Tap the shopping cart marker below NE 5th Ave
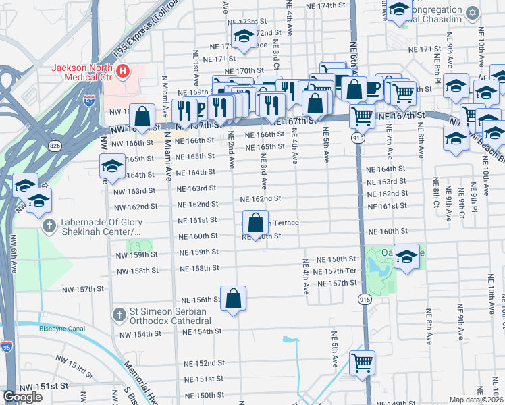(x=363, y=362)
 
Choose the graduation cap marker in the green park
(x=406, y=257)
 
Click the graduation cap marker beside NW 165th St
(x=112, y=166)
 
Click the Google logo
(x=22, y=398)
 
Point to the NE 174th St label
(x=321, y=5)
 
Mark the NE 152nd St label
(x=204, y=363)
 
